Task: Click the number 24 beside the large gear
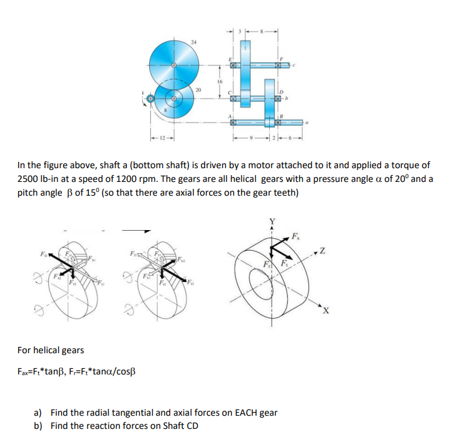click(x=193, y=41)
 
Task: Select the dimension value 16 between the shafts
click(x=220, y=81)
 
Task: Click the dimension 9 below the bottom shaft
click(x=252, y=137)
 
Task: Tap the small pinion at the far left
click(x=150, y=98)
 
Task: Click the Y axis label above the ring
click(x=272, y=221)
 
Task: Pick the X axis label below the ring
click(x=326, y=312)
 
